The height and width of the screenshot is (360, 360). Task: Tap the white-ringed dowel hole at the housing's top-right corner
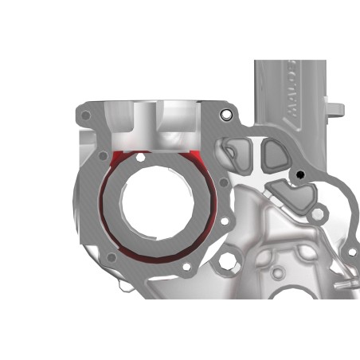tap(226, 115)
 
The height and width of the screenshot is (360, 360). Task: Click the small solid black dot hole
tap(300, 174)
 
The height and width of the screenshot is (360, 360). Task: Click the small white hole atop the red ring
tap(141, 158)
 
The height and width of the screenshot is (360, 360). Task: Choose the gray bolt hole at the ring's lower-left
tap(112, 256)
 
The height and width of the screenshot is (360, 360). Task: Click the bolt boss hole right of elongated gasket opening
tap(319, 213)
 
